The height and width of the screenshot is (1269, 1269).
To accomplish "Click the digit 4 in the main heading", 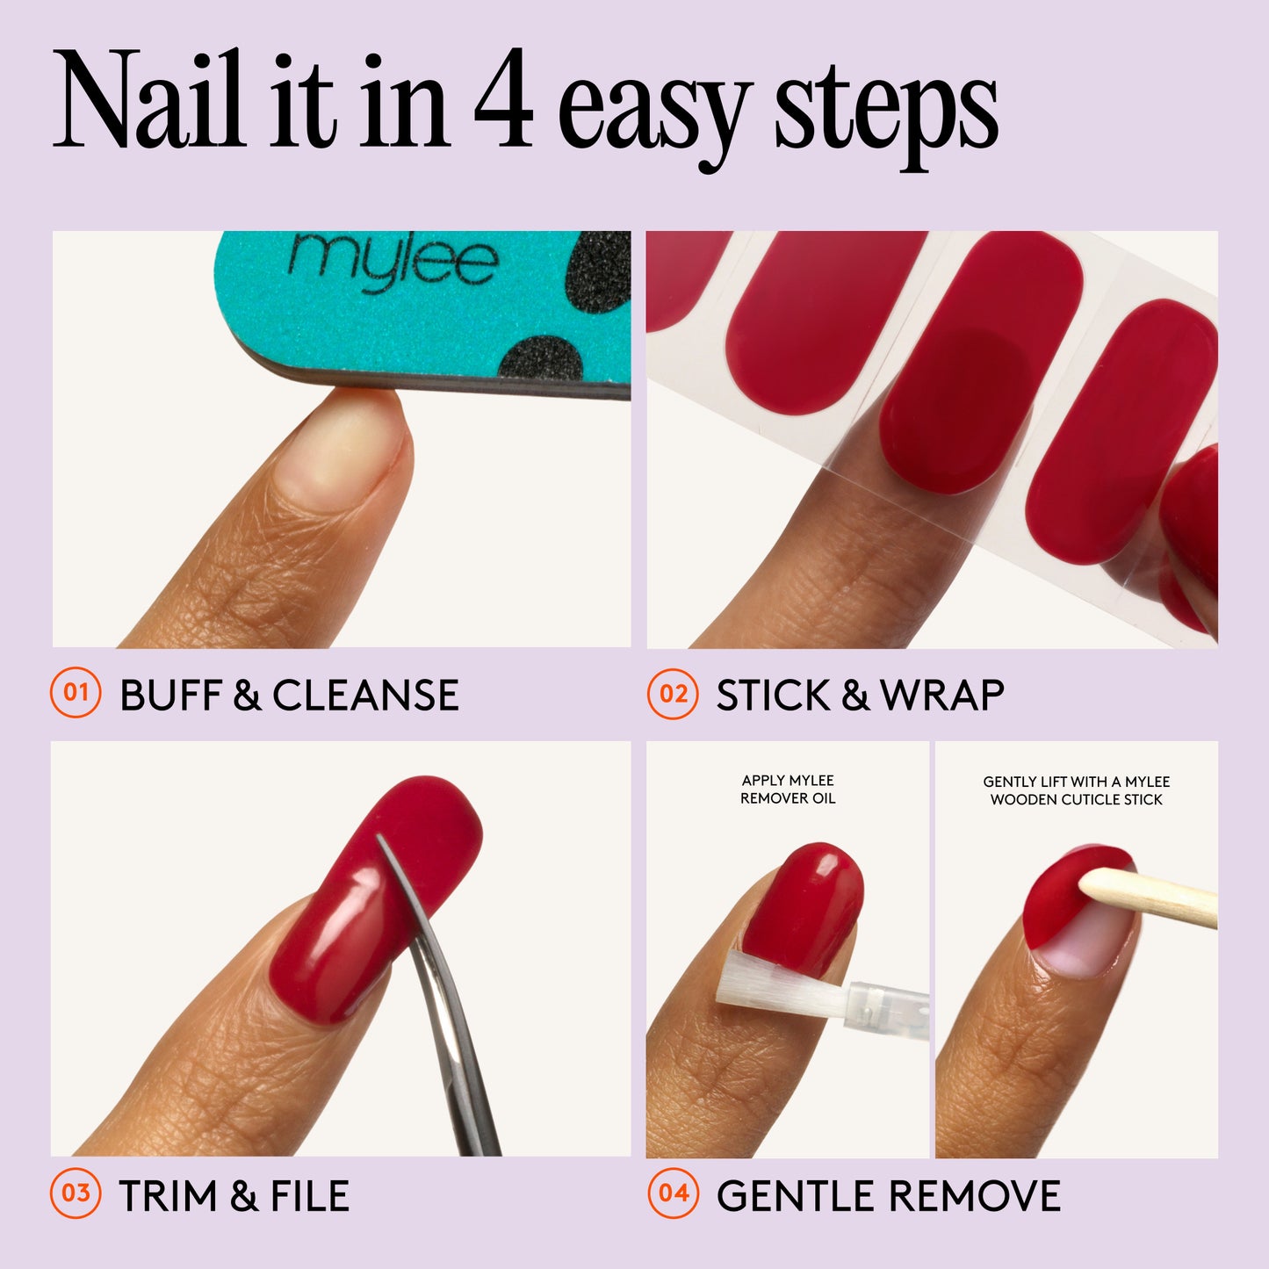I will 503,102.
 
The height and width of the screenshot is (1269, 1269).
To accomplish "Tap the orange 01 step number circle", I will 76,693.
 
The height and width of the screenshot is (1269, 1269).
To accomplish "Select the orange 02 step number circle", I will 673,694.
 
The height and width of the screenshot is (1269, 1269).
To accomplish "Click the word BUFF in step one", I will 169,696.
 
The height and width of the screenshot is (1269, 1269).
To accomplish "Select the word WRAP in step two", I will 941,696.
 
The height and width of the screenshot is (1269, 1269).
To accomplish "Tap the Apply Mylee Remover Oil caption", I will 788,790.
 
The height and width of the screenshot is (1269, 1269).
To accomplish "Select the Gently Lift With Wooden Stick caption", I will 1076,790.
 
